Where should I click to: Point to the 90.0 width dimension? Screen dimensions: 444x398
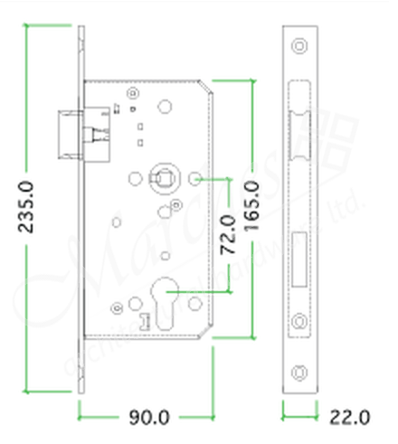click(x=148, y=418)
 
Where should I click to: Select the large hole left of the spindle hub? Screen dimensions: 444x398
click(x=134, y=179)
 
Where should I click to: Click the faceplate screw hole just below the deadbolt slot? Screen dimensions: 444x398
click(x=300, y=317)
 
